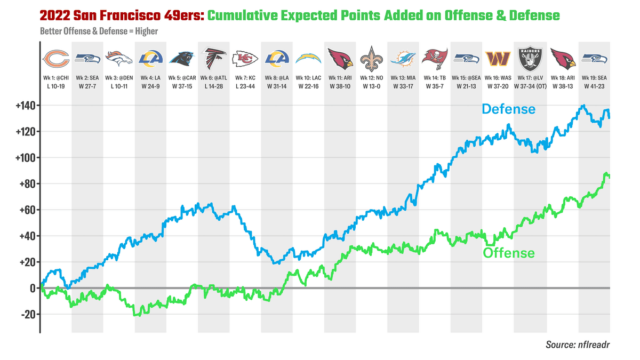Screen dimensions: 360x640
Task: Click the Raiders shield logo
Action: pyautogui.click(x=530, y=59)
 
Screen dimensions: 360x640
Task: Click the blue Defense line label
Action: pyautogui.click(x=508, y=109)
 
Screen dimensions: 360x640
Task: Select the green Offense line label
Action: pyautogui.click(x=508, y=253)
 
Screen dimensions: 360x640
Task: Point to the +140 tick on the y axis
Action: pyautogui.click(x=26, y=106)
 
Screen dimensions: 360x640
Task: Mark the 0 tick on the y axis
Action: pyautogui.click(x=33, y=288)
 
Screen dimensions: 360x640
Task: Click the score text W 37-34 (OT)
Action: pyautogui.click(x=530, y=85)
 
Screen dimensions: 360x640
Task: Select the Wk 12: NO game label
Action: pyautogui.click(x=372, y=78)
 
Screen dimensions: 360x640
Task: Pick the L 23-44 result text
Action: pyautogui.click(x=245, y=85)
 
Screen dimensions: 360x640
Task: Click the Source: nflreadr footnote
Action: pyautogui.click(x=578, y=345)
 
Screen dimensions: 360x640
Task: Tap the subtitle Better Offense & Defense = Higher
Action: pyautogui.click(x=99, y=31)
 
